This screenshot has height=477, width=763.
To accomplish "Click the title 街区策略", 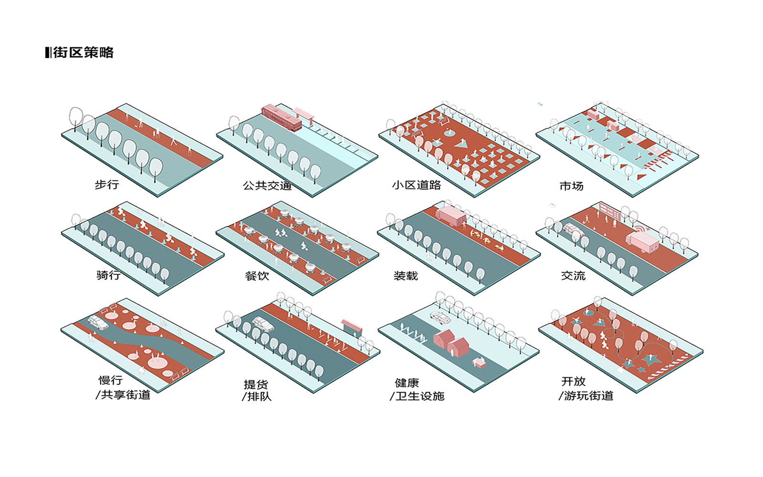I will tap(83, 52).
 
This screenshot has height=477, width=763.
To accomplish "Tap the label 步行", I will tap(107, 185).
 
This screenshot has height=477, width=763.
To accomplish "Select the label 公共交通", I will tap(267, 186).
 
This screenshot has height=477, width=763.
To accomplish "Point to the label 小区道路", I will tap(416, 185).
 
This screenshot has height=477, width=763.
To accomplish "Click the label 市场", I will tap(571, 186).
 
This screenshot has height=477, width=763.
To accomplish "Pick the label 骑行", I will tap(108, 275).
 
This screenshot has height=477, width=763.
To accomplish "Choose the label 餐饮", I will tap(257, 276).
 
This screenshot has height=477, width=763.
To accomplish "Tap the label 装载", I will tap(405, 276).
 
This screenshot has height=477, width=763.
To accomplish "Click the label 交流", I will tap(573, 276).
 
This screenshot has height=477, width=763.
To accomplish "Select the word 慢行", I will tap(111, 380).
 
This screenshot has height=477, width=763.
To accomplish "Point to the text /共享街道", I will tap(123, 395).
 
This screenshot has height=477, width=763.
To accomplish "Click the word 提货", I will tap(256, 384).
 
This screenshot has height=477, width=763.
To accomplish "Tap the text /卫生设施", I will tap(417, 396).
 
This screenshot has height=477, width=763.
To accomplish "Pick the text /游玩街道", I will tap(586, 396).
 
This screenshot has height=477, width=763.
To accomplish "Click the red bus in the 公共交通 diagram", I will tap(281, 117).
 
